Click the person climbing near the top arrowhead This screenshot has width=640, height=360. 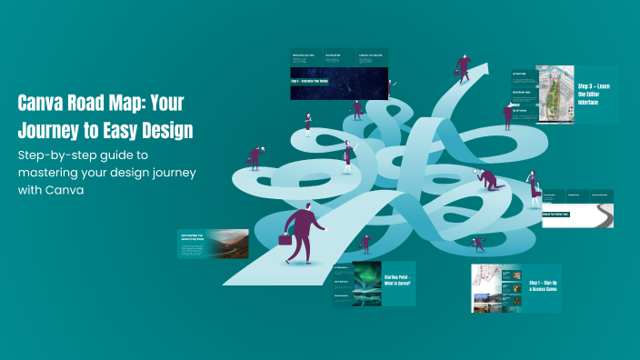tap(463, 69)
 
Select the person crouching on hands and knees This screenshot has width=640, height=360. tap(492, 180)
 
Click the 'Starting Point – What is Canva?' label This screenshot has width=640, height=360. tap(397, 280)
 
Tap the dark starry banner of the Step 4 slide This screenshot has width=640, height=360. tap(339, 83)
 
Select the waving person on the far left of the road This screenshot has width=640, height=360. tap(255, 156)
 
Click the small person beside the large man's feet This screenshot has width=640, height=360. tap(365, 244)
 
